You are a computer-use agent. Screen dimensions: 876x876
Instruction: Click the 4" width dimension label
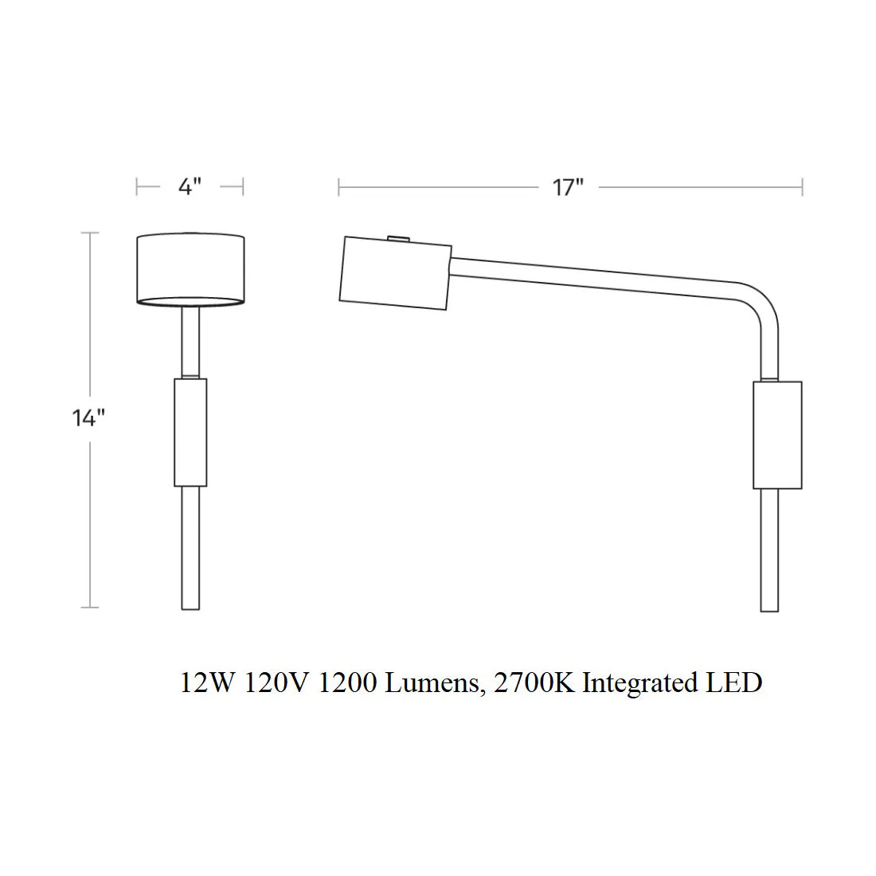190,186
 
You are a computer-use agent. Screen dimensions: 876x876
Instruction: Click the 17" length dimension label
568,187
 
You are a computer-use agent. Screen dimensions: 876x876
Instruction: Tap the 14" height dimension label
88,417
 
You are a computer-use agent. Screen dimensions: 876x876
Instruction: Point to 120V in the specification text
276,682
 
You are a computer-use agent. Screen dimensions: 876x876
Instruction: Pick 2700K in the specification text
534,682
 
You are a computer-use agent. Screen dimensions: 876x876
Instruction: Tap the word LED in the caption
734,682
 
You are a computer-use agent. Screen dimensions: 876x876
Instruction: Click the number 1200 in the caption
347,682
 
